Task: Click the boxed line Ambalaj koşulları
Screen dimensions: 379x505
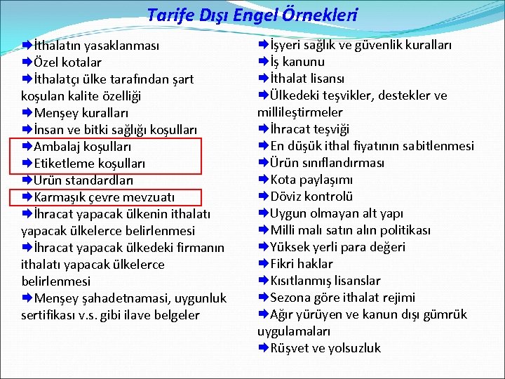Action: (82, 147)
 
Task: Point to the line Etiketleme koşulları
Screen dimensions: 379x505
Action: (89, 164)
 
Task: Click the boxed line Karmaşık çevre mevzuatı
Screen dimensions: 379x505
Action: (104, 197)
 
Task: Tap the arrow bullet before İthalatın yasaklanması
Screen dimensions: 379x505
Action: (27, 46)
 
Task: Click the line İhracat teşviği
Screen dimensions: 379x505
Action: (309, 129)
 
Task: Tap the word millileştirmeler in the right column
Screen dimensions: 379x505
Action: (300, 112)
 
